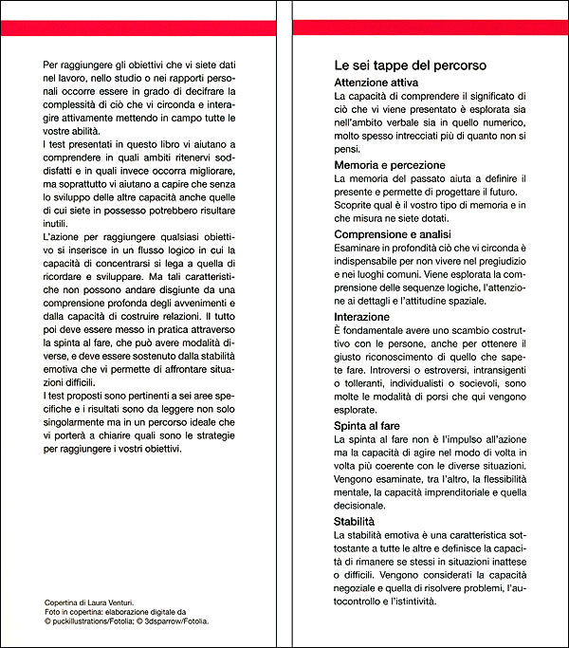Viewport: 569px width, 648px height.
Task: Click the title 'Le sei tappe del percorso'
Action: coord(411,66)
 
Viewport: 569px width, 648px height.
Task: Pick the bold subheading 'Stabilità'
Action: coord(356,522)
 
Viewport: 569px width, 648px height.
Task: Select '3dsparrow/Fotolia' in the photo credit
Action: coord(174,621)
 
